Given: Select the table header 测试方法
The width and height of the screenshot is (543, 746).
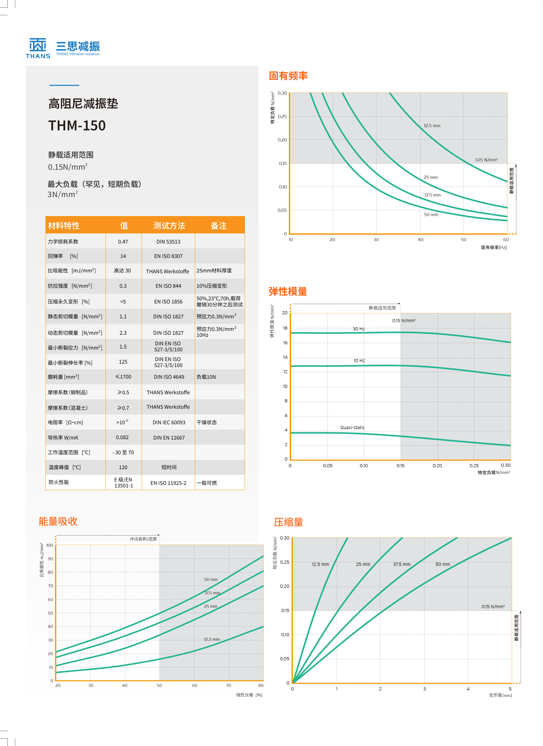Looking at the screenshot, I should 169,226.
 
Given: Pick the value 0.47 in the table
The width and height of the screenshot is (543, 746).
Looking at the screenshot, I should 123,242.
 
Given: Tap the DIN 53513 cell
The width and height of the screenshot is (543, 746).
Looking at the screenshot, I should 168,242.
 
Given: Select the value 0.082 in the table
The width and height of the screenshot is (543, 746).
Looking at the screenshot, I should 122,437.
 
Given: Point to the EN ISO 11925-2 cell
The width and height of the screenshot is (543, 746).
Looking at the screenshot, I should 168,483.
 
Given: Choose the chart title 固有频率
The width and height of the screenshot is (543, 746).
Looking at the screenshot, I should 288,76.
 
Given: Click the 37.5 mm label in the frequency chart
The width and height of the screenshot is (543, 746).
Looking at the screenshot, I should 432,195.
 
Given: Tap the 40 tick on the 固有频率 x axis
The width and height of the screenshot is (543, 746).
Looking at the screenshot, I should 421,239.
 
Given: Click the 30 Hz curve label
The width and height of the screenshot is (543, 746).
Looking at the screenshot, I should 359,329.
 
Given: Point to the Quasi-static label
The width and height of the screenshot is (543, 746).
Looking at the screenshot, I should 352,428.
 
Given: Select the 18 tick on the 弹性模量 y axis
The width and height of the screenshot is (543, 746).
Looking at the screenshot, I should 285,328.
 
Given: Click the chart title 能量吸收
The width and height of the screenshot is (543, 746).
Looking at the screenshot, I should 58,521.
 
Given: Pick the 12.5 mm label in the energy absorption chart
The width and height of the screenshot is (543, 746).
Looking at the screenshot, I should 212,639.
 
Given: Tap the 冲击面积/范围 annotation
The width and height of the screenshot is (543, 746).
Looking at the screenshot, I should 143,539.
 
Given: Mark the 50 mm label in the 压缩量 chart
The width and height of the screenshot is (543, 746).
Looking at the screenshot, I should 443,564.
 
